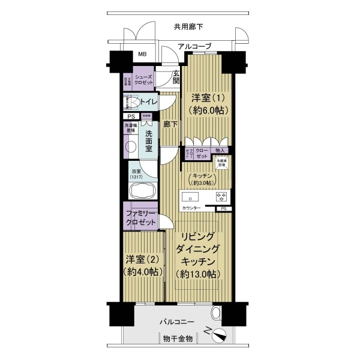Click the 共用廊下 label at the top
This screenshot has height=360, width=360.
click(x=189, y=26)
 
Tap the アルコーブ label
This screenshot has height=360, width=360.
click(x=194, y=46)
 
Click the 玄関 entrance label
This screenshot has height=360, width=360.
click(x=176, y=77)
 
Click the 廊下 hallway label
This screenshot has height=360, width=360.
click(x=170, y=125)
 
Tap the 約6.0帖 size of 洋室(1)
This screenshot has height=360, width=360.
click(x=205, y=110)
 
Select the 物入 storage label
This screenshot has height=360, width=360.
click(x=220, y=151)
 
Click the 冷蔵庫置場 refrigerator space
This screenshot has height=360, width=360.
click(x=222, y=162)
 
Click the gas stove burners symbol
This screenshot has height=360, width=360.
click(x=221, y=196)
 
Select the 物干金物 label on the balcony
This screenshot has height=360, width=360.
click(x=178, y=339)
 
